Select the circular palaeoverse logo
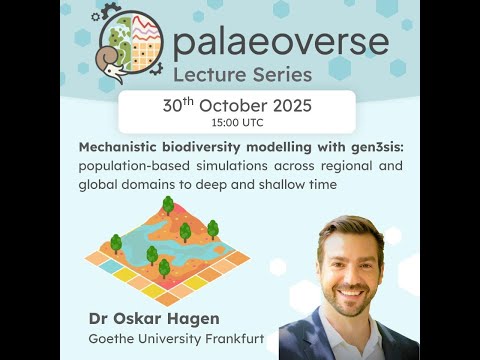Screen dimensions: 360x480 (x=128, y=44)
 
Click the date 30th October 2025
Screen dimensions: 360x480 (x=237, y=106)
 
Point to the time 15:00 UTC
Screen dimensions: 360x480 (x=237, y=122)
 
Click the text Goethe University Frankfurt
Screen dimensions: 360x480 (x=176, y=340)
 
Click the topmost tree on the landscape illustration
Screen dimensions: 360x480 (x=168, y=205)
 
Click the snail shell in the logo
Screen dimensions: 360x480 (x=111, y=49)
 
